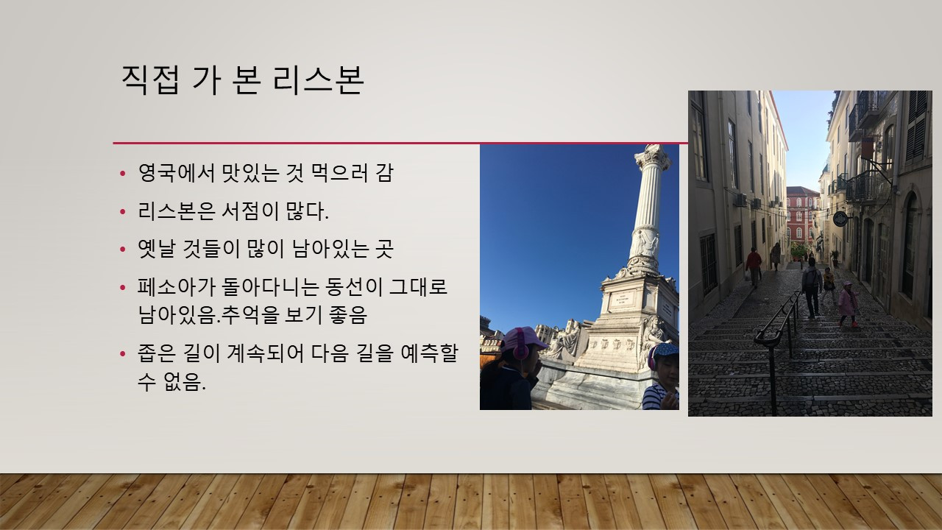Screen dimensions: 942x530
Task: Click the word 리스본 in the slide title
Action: coord(318,80)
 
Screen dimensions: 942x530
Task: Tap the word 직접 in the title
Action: coord(150,80)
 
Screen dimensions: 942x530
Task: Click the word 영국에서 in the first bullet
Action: coord(177,172)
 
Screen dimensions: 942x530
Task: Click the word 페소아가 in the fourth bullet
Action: coord(177,287)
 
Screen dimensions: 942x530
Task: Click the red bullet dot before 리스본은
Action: coord(123,211)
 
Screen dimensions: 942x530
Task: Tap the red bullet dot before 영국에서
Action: coord(123,173)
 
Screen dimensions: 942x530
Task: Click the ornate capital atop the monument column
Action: coord(653,157)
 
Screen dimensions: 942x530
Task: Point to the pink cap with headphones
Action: coord(523,340)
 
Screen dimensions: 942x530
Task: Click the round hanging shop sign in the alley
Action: coord(840,219)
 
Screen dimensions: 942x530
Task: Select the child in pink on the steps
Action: coord(847,304)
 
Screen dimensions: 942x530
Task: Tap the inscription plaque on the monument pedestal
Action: coord(622,299)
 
